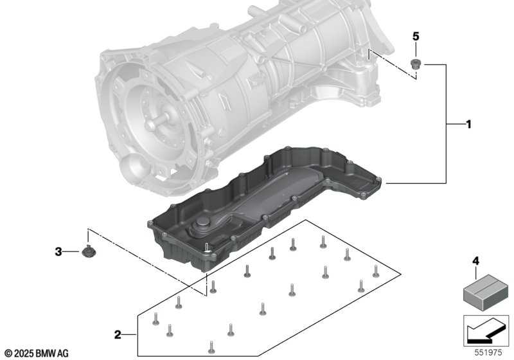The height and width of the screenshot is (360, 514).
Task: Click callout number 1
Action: (x=468, y=123)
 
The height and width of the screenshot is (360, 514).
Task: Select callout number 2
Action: (x=118, y=334)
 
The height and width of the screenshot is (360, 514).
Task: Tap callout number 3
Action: (x=58, y=252)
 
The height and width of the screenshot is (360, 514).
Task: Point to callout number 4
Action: (x=475, y=261)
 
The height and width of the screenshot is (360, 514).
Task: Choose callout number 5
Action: (x=415, y=36)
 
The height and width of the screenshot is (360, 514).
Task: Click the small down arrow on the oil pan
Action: (x=207, y=247)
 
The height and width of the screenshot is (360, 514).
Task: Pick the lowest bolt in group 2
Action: (x=210, y=349)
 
